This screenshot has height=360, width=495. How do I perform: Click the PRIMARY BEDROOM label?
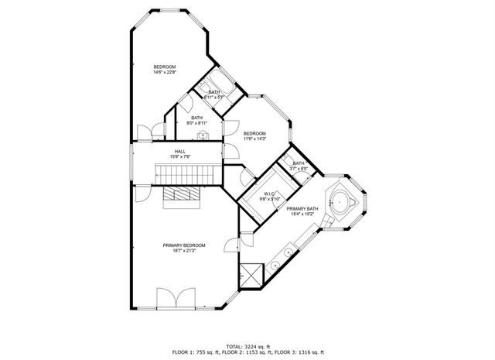coord(183,245)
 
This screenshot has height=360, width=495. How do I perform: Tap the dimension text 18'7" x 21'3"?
coord(183,251)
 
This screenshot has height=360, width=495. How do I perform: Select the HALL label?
coord(179,151)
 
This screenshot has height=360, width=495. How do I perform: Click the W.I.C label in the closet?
coord(270,194)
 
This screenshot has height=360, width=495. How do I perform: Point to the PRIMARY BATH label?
coord(302,209)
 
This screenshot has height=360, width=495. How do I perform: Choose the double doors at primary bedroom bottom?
coord(172,299)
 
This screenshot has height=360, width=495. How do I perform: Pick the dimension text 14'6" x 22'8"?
coord(164,73)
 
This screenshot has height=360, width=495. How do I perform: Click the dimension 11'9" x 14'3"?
coord(254,139)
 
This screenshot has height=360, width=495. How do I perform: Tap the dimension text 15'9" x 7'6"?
coord(179,156)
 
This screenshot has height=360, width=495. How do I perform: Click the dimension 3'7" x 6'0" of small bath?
coord(299,169)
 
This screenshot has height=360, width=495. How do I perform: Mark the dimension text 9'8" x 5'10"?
coord(270,199)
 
